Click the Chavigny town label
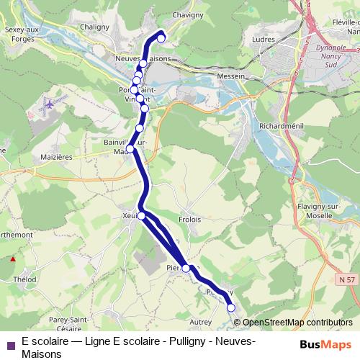pyautogui.click(x=188, y=13)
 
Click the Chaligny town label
pyautogui.click(x=94, y=27)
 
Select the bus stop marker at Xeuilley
pyautogui.click(x=142, y=216)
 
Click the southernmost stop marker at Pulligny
pyautogui.click(x=231, y=307)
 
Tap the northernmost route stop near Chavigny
pyautogui.click(x=161, y=38)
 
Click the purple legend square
pyautogui.click(x=9, y=344)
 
